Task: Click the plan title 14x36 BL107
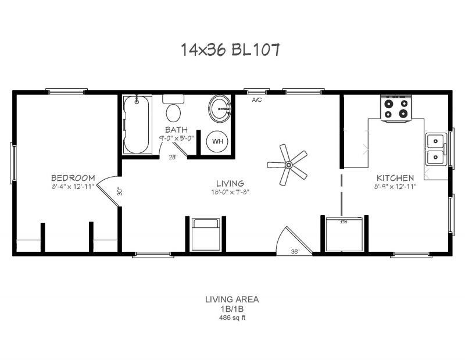coord(231,51)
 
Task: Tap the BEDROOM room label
coord(73,177)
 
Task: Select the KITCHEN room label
coord(395,178)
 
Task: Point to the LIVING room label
coord(231,183)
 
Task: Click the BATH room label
coord(176,129)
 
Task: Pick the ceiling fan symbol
coord(287,165)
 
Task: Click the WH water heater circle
coord(217,141)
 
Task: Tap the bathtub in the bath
coord(137,124)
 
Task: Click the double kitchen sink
coord(435,149)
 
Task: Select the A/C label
coord(256,100)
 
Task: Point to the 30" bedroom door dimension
coord(119,191)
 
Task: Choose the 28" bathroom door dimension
coord(173,158)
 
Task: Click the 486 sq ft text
coord(231,318)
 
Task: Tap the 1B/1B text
coord(231,309)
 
